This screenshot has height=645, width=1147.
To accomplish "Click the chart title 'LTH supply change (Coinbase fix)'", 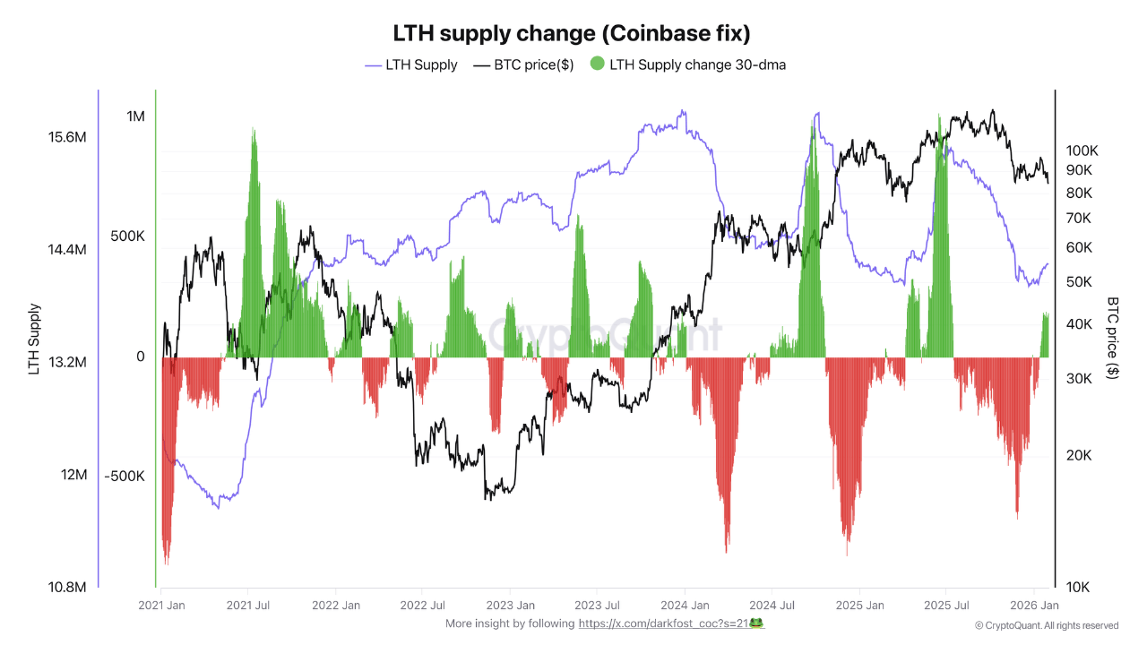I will click(x=572, y=33).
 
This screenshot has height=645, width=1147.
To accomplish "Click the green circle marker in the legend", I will click(x=598, y=64).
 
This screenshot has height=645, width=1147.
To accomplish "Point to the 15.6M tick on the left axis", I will click(x=67, y=138).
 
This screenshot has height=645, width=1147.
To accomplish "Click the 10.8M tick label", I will click(x=67, y=588).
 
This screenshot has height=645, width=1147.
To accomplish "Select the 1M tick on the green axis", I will click(x=135, y=116).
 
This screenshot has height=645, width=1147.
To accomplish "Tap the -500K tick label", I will click(x=124, y=476).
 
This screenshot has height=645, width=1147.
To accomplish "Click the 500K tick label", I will click(x=127, y=236).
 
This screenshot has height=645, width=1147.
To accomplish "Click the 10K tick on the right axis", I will click(x=1078, y=588).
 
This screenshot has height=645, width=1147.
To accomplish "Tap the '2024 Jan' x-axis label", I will click(x=685, y=606).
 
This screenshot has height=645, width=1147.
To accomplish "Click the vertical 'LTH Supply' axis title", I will click(x=35, y=339).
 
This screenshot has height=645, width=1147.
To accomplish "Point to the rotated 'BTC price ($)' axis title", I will click(x=1113, y=339).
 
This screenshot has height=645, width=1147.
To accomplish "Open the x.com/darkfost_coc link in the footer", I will click(x=670, y=623).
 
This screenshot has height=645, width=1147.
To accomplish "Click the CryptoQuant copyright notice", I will click(x=1047, y=625).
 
